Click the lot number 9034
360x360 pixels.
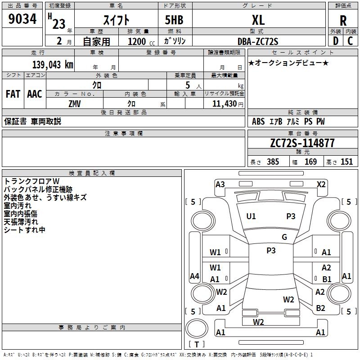click(x=22, y=19)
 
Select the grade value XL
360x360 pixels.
click(x=258, y=20)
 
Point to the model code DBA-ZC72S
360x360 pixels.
click(x=258, y=41)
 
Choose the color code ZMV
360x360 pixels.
click(x=75, y=103)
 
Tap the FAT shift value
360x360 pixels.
click(x=13, y=94)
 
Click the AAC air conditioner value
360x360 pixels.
click(x=34, y=94)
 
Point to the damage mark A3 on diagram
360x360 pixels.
click(x=220, y=184)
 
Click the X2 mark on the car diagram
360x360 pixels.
click(x=321, y=184)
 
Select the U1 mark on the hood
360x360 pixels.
click(x=251, y=216)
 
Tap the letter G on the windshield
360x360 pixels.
click(x=284, y=237)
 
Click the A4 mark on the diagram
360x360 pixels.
click(x=194, y=276)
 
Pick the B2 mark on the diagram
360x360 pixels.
click(x=320, y=308)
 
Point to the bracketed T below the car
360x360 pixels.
click(x=197, y=345)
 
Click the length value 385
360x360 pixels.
click(x=273, y=162)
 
